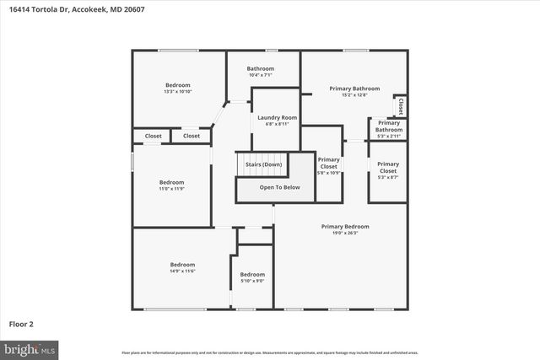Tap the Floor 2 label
pos(21,323)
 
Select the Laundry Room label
pos(277,117)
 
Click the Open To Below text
pos(279,187)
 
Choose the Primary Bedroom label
pos(345,226)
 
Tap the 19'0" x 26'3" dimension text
pos(345,234)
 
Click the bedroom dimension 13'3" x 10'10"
pos(177,91)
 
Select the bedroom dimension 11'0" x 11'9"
pos(171,189)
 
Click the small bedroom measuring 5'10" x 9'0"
pos(252,277)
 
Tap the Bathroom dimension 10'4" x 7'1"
pos(260,75)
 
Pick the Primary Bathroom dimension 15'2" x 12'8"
pos(354,95)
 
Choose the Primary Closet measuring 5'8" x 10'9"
pos(328,166)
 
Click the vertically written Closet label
pos(401,107)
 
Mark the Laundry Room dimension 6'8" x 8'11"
pos(277,124)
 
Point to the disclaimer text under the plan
pos(269,352)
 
